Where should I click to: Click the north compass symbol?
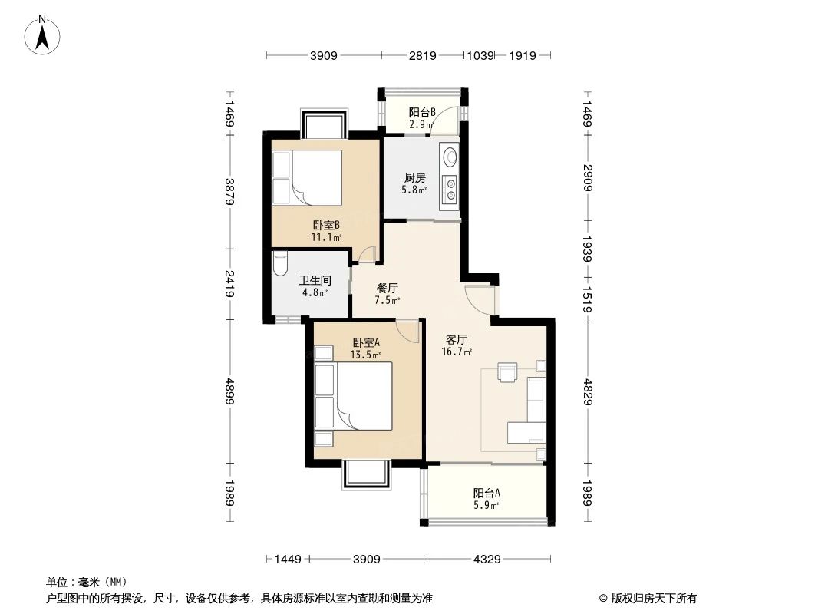coord(44,35)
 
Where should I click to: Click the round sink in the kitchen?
coord(449,157)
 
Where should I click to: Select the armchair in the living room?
coord(508,371)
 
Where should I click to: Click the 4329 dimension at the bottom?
coord(486,560)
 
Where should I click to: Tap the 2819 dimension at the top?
coord(422,55)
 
